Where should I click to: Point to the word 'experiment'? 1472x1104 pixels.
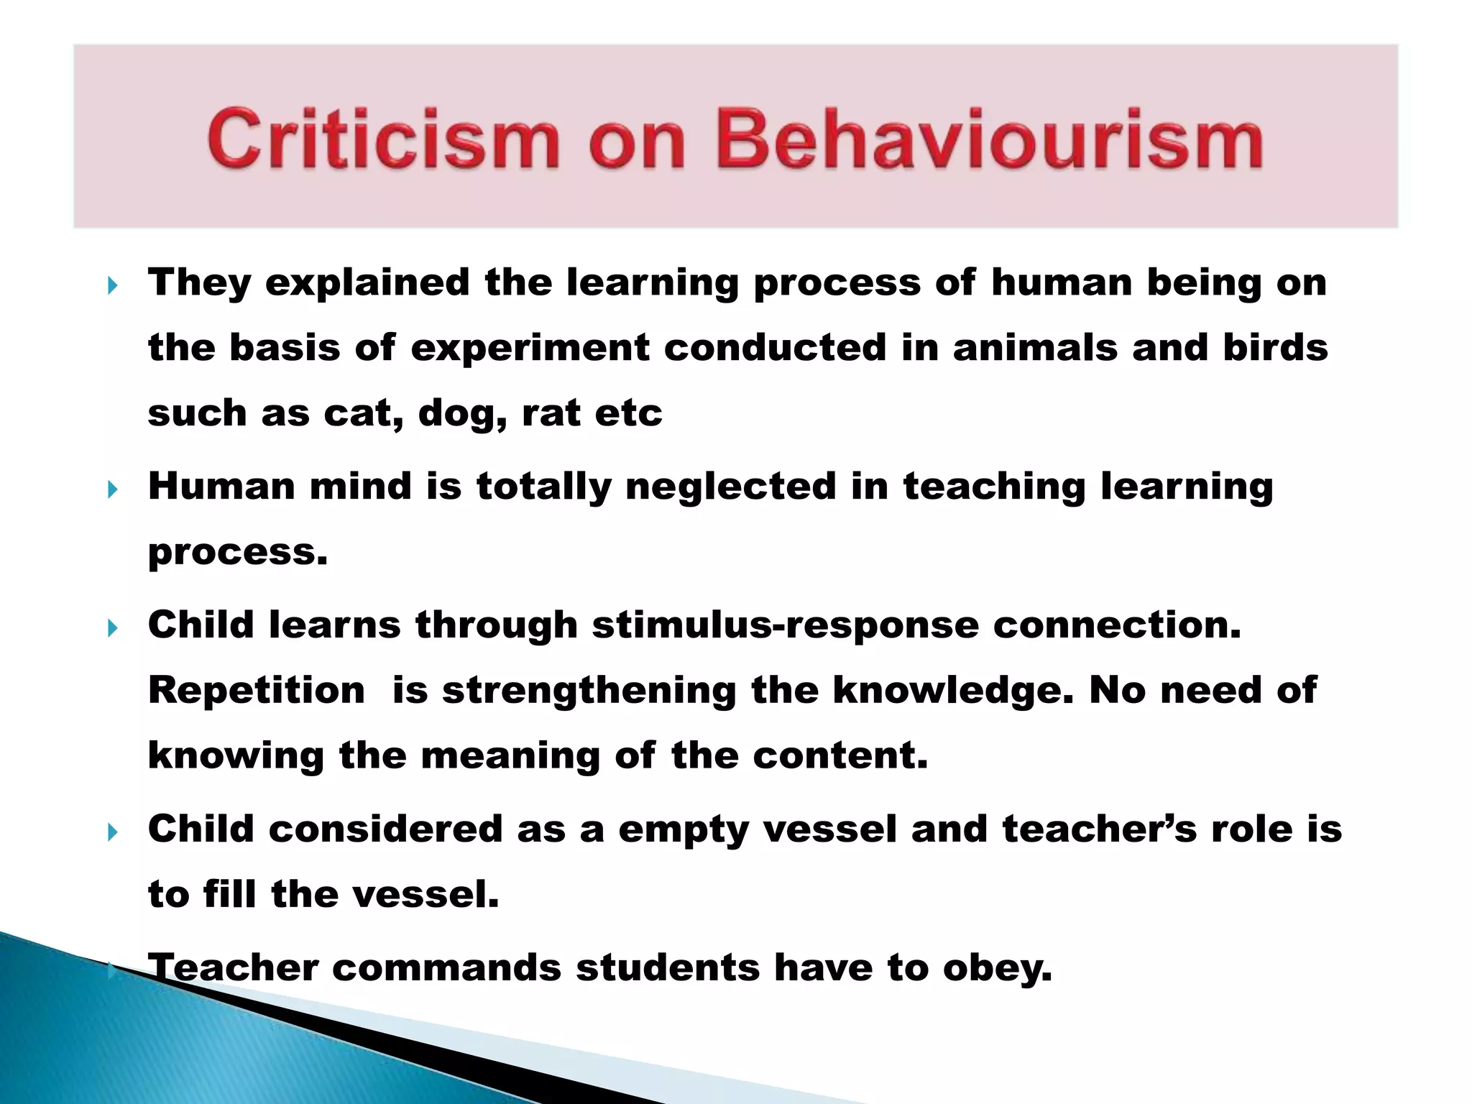pyautogui.click(x=530, y=349)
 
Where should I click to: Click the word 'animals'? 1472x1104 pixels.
pyautogui.click(x=1034, y=348)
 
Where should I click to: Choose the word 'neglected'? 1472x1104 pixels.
pyautogui.click(x=730, y=487)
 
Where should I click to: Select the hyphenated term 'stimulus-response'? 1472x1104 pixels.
pyautogui.click(x=785, y=625)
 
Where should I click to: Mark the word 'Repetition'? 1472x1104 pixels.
pyautogui.click(x=257, y=691)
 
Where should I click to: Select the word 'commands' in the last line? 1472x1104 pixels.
pyautogui.click(x=446, y=967)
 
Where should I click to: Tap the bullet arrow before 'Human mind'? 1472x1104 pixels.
pyautogui.click(x=112, y=491)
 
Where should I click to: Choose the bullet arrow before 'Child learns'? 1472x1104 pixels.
pyautogui.click(x=112, y=629)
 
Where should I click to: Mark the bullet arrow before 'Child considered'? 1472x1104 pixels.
pyautogui.click(x=112, y=833)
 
